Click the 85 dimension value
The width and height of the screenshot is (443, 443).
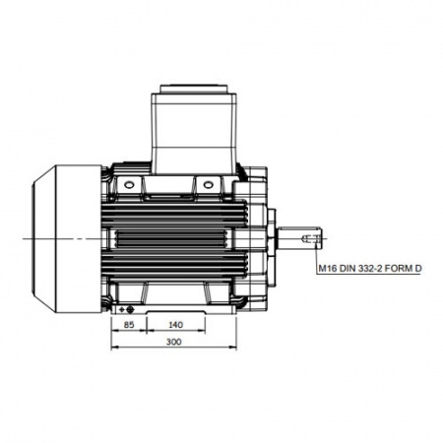(x=129, y=325)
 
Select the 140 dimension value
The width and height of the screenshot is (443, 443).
(x=175, y=325)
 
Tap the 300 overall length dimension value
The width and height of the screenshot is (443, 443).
(x=173, y=342)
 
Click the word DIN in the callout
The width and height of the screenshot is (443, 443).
(x=347, y=269)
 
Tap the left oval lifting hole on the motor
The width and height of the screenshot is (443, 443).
(x=129, y=185)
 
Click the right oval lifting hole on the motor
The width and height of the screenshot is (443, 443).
(x=209, y=185)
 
